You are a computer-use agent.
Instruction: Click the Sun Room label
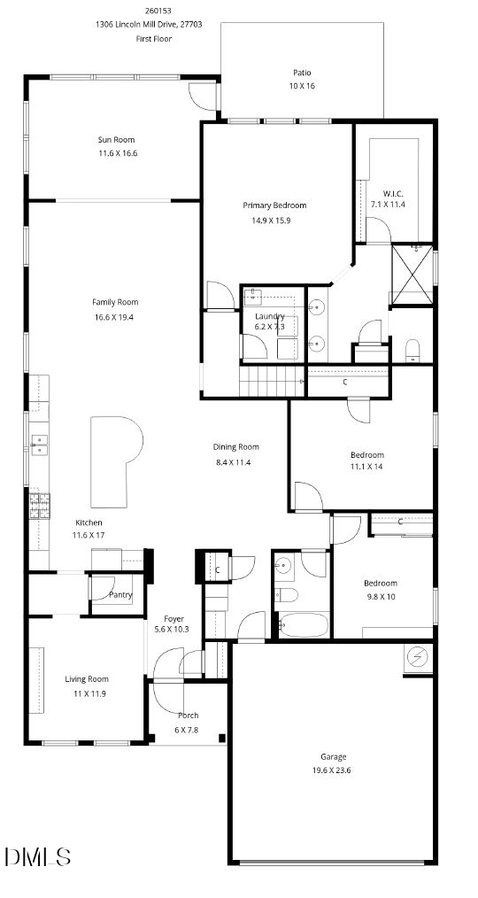[116, 139]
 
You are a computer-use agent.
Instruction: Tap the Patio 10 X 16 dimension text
[302, 86]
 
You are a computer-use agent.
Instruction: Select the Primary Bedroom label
[274, 205]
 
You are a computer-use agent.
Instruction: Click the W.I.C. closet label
[393, 193]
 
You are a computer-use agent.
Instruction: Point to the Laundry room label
[269, 316]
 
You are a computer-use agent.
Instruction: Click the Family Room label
[116, 302]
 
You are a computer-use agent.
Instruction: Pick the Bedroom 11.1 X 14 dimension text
[366, 467]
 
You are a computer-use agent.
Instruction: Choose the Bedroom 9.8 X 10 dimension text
[380, 596]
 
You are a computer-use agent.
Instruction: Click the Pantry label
[120, 594]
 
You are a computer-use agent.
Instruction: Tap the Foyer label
[173, 618]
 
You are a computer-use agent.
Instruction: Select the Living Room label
[87, 679]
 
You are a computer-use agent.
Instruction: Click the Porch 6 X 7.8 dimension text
[188, 730]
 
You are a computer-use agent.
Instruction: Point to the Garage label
[333, 756]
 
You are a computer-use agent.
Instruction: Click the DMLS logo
[37, 856]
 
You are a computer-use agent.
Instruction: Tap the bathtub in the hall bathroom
[304, 623]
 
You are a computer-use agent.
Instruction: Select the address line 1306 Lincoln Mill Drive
[149, 25]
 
